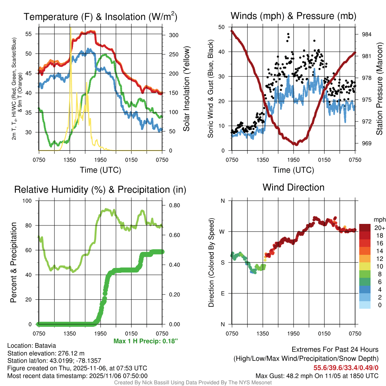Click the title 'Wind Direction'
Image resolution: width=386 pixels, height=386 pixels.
(x=293, y=187)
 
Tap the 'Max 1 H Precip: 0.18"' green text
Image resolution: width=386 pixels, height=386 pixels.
(x=146, y=341)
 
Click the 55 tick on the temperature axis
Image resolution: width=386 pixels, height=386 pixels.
(x=33, y=34)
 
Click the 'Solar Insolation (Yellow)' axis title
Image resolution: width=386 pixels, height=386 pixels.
(x=187, y=89)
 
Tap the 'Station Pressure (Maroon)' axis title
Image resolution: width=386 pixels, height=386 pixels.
(x=380, y=89)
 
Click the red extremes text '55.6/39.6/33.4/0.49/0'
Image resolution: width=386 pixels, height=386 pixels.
(x=346, y=368)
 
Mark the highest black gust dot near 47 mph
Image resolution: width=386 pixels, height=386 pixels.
(x=288, y=34)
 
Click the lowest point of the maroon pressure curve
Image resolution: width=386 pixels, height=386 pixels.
(x=296, y=144)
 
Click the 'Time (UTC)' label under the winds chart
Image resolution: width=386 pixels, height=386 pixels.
(x=293, y=170)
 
